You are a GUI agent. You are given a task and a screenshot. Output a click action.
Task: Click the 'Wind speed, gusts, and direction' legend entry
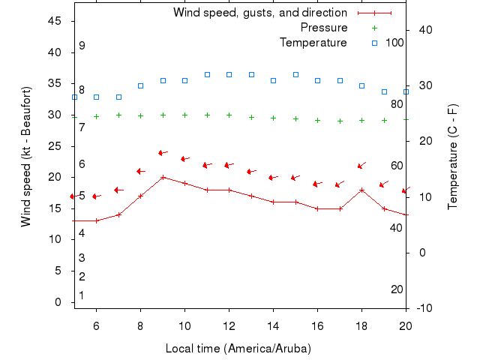coord(259,13)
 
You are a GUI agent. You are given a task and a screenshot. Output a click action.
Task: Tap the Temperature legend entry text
coord(313,43)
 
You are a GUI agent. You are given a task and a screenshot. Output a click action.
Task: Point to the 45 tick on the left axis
coord(55,21)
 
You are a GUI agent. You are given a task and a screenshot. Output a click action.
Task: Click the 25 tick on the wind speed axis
coord(55,146)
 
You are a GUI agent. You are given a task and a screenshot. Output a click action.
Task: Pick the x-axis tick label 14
coord(273,325)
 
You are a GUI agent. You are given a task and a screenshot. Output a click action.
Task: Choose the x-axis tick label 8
coord(140,325)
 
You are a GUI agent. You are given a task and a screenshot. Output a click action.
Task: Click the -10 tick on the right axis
coord(423,308)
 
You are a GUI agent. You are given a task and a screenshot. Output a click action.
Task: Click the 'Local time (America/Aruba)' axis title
coord(238,349)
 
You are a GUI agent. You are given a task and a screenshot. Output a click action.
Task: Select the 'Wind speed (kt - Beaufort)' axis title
coord(26,156)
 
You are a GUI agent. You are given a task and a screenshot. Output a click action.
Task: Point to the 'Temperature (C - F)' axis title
coord(453,156)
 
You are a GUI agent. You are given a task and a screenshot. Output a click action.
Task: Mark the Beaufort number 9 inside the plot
coord(82,46)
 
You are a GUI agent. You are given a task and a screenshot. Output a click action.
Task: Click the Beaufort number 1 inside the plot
coord(82,295)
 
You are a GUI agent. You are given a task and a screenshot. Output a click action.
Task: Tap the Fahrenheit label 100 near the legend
coord(394,43)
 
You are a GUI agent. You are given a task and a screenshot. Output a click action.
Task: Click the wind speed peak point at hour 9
coord(163,177)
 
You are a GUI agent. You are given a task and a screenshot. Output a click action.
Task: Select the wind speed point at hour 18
coord(361,190)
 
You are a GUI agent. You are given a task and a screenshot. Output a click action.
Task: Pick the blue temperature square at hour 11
coord(207,75)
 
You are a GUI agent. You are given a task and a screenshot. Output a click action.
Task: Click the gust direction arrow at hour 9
coord(163,153)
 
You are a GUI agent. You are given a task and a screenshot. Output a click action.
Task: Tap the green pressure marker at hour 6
coord(96,116)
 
